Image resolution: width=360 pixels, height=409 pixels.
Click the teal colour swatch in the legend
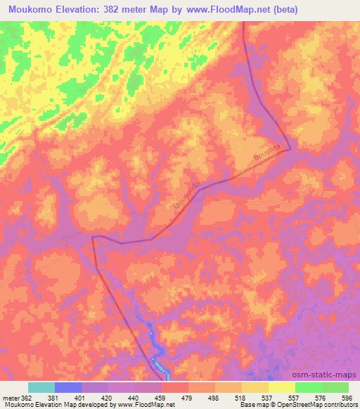pos(41,387)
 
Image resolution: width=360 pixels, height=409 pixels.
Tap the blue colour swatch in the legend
pos(69,387)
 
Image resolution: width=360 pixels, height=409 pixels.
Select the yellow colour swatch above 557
pos(281,387)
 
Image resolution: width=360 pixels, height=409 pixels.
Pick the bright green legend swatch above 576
pos(309,387)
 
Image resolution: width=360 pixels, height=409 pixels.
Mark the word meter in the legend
pos(11,398)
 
